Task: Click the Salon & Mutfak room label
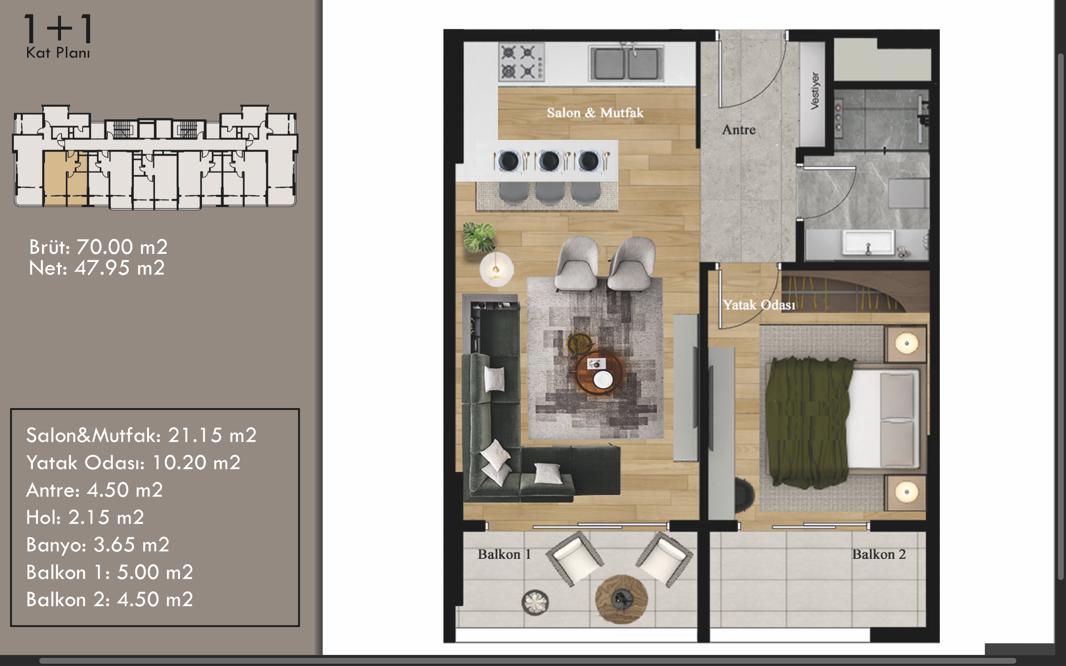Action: tap(595, 113)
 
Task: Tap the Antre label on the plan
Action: tap(739, 130)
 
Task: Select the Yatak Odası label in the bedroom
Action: tap(759, 305)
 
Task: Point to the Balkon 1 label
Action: tap(504, 554)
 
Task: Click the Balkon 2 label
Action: tap(879, 554)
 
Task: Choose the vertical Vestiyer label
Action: tap(815, 91)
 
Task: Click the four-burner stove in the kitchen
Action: tap(522, 62)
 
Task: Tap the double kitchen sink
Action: tap(626, 63)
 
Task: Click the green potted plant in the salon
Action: tap(479, 236)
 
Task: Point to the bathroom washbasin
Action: tap(868, 242)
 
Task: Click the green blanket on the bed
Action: tap(809, 423)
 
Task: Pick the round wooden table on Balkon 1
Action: tap(621, 599)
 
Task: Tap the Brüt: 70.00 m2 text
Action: tap(98, 247)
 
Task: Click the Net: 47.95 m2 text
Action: tap(97, 268)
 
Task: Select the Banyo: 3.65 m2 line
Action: tap(98, 545)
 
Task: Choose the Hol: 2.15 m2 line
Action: tap(85, 517)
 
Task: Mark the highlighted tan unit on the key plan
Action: tap(66, 178)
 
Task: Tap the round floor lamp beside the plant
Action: tap(496, 269)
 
